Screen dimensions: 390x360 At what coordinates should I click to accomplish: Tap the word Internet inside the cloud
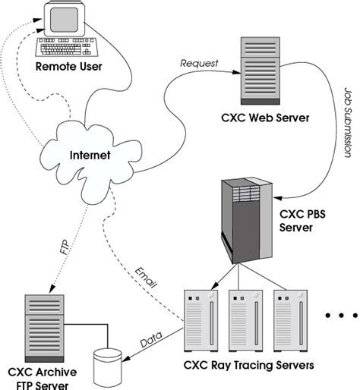90,156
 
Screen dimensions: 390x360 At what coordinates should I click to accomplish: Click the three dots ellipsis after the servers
336,314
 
